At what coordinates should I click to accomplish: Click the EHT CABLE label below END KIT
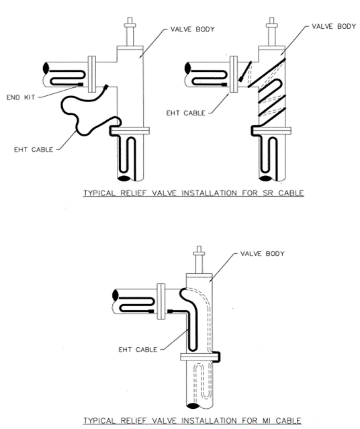(x=32, y=150)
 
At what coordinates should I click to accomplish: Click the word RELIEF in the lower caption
(x=136, y=421)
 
